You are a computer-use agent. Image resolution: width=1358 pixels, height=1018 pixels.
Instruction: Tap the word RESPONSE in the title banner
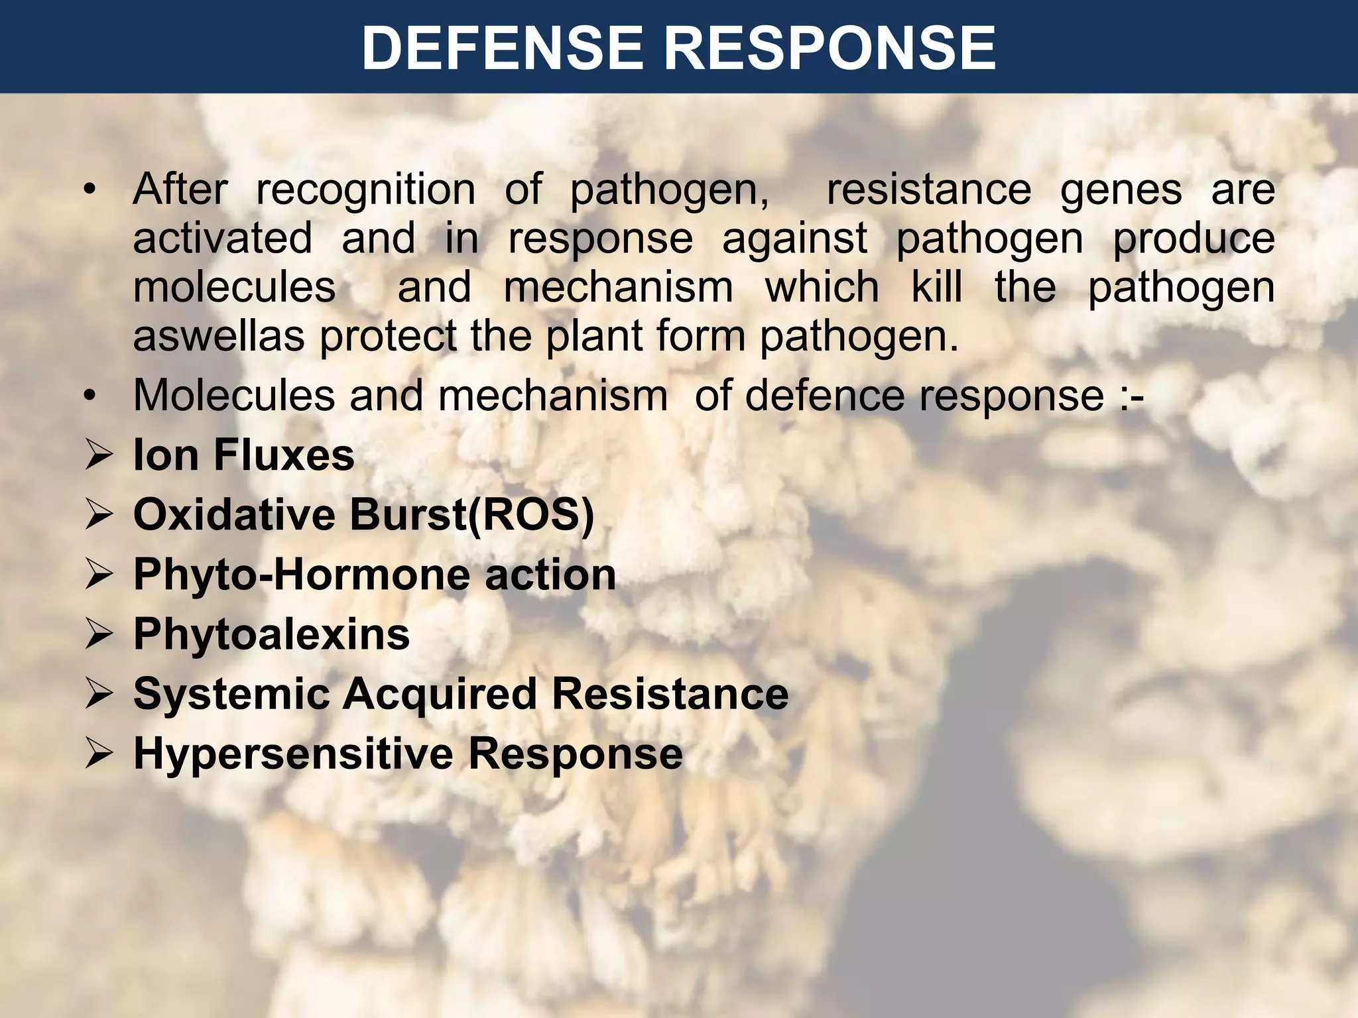pyautogui.click(x=830, y=48)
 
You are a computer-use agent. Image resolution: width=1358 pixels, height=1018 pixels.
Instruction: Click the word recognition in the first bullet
pyautogui.click(x=365, y=190)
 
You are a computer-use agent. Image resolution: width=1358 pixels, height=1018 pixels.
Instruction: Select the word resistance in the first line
pyautogui.click(x=928, y=190)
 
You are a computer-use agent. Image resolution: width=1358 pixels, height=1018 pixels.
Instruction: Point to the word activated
pyautogui.click(x=222, y=239)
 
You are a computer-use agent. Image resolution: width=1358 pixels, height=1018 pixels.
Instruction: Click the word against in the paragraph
pyautogui.click(x=794, y=239)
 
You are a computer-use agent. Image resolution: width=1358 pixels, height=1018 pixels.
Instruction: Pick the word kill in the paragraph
pyautogui.click(x=936, y=288)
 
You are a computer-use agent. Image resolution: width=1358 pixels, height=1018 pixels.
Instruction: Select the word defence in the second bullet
pyautogui.click(x=825, y=396)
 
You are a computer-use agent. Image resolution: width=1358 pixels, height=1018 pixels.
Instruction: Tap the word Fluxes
pyautogui.click(x=284, y=456)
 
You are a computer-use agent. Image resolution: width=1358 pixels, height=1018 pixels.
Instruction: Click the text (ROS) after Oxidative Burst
pyautogui.click(x=531, y=515)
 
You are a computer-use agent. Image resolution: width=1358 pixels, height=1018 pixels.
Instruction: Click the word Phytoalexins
pyautogui.click(x=271, y=635)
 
